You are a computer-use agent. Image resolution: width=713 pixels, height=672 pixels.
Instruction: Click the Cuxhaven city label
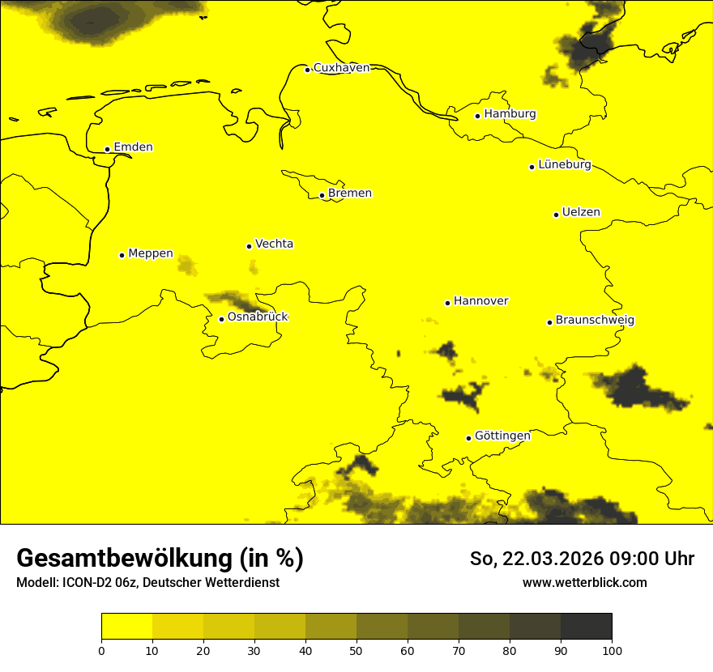point(341,68)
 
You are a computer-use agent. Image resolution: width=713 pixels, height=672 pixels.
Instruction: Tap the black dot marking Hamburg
point(478,116)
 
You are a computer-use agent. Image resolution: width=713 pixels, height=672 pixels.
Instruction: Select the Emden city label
point(133,147)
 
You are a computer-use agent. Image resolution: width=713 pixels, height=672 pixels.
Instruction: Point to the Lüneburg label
point(565,165)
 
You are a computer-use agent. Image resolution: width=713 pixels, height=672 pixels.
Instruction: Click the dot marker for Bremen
point(322,195)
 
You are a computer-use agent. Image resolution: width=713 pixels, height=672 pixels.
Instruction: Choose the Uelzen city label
point(581,213)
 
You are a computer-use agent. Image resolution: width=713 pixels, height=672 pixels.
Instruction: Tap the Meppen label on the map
point(151,253)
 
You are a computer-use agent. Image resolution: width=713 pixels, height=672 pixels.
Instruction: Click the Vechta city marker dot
point(249,246)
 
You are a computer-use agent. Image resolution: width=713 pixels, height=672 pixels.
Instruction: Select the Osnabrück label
point(258,317)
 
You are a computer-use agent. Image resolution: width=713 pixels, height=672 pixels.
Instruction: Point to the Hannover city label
point(480,301)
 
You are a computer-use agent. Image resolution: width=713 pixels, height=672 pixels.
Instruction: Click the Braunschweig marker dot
point(549,322)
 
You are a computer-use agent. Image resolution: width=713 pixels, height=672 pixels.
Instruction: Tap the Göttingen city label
point(502,436)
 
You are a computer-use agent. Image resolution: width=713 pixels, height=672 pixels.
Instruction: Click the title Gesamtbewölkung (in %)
point(160,559)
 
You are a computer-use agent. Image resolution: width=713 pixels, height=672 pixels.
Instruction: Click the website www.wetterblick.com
point(585,582)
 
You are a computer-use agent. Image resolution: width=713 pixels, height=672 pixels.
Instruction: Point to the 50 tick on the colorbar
point(356,650)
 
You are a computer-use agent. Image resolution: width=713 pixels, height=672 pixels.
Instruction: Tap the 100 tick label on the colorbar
point(612,650)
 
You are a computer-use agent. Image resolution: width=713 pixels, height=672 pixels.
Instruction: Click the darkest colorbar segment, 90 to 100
point(586,627)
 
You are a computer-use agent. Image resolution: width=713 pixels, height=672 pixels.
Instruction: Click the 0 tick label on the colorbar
point(101,650)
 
